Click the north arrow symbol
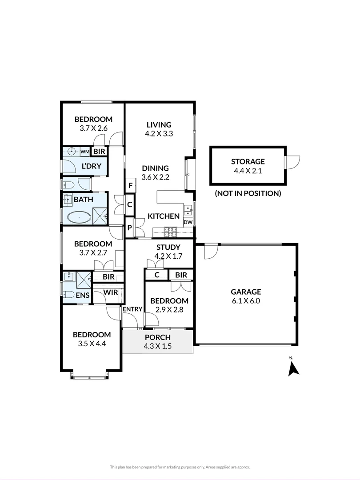(x=294, y=368)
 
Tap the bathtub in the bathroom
(x=79, y=218)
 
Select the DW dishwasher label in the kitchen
(x=188, y=222)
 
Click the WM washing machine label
(x=85, y=152)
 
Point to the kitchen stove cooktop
(x=171, y=232)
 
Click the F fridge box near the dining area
(x=130, y=185)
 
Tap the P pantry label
(x=130, y=228)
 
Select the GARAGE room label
(x=246, y=292)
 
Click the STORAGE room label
(x=248, y=162)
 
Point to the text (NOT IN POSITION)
(x=248, y=193)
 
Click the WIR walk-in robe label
(x=111, y=292)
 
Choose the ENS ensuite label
(x=83, y=295)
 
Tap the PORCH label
(x=158, y=337)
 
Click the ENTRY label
(x=132, y=309)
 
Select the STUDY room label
(x=168, y=247)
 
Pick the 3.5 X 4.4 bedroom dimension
(x=92, y=344)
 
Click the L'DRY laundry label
(x=91, y=166)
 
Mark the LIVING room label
(x=159, y=124)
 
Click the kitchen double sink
(x=188, y=210)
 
